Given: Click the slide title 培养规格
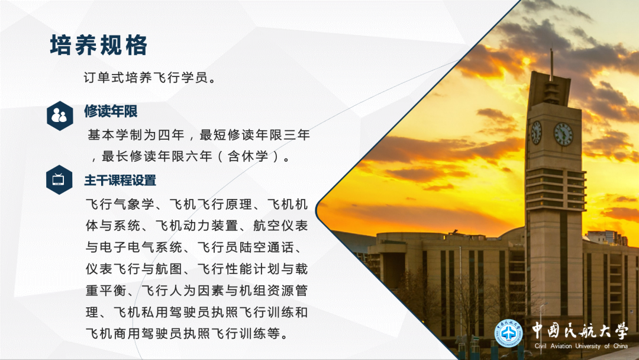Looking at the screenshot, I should [x=98, y=46].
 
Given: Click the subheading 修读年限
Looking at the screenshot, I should [x=111, y=111].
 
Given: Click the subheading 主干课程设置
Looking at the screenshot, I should [x=120, y=180].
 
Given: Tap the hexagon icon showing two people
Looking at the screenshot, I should [x=59, y=115].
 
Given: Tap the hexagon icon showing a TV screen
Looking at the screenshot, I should [x=59, y=179].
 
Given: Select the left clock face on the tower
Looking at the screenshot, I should [x=536, y=132].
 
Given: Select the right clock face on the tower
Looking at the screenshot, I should [x=563, y=134].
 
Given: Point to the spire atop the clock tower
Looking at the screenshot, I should [x=551, y=62].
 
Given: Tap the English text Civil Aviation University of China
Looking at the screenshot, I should [x=580, y=346].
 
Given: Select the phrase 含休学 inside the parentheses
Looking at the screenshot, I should [x=250, y=157].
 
